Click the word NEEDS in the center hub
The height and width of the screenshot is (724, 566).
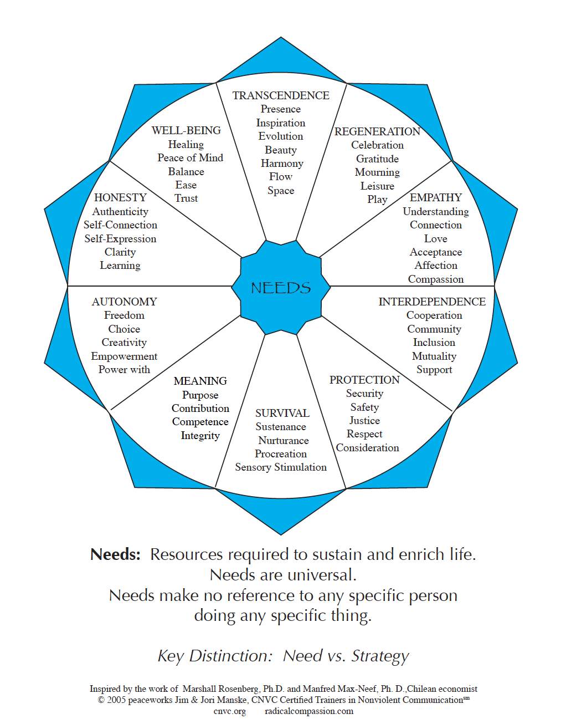(x=281, y=288)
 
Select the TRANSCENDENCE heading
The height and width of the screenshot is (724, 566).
(x=281, y=95)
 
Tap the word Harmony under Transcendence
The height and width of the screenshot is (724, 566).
(x=282, y=164)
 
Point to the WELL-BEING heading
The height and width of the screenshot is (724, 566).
(x=186, y=130)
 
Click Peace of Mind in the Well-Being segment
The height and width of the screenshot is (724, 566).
(x=190, y=157)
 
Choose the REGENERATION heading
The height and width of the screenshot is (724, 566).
(x=377, y=131)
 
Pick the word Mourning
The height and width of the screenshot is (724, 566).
(x=377, y=172)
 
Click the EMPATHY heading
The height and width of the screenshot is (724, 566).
(x=436, y=197)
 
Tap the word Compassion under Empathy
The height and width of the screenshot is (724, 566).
(x=436, y=279)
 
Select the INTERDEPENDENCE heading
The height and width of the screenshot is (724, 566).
(x=432, y=302)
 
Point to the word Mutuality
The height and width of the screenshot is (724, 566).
(x=434, y=356)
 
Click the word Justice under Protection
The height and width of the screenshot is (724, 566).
(x=364, y=421)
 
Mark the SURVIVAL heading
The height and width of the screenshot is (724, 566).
(x=282, y=413)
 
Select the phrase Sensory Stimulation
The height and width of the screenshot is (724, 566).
(x=281, y=467)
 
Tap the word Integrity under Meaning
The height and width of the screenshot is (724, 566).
(x=200, y=436)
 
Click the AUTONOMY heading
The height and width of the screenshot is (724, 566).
(x=124, y=302)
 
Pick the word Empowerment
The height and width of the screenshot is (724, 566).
(x=124, y=356)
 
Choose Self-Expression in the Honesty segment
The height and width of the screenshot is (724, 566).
(x=120, y=239)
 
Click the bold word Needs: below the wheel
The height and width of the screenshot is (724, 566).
(x=115, y=554)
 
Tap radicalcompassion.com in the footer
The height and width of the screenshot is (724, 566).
(x=309, y=711)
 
